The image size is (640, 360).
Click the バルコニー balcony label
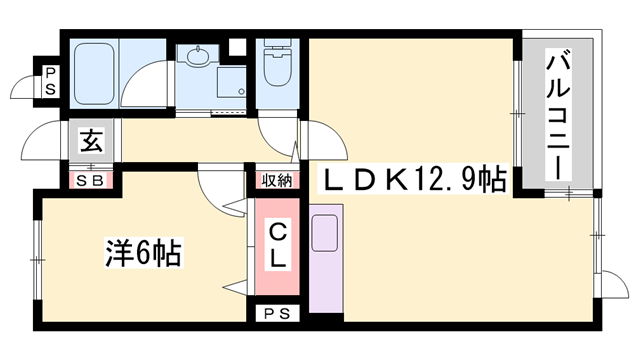click(558, 118)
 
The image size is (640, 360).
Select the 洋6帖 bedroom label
click(142, 253)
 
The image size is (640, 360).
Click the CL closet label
click(277, 244)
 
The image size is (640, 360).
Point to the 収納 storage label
click(278, 180)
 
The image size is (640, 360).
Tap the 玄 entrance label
click(91, 141)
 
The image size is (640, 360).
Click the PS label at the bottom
click(277, 314)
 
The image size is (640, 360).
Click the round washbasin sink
click(196, 57)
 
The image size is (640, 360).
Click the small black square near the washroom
click(236, 46)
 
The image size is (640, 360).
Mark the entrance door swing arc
click(45, 140)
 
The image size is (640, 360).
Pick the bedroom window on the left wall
click(38, 259)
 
